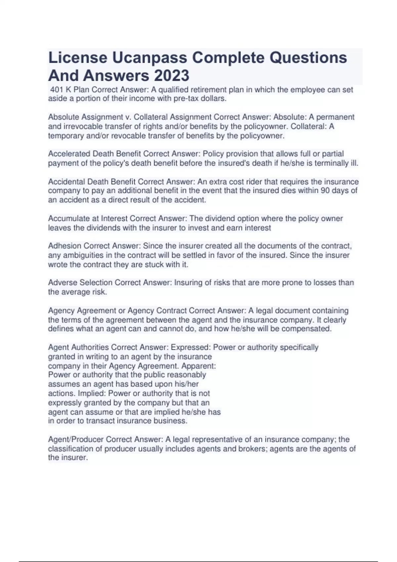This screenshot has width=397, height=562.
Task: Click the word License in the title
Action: tap(78, 58)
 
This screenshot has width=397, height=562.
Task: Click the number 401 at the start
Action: tap(56, 90)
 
